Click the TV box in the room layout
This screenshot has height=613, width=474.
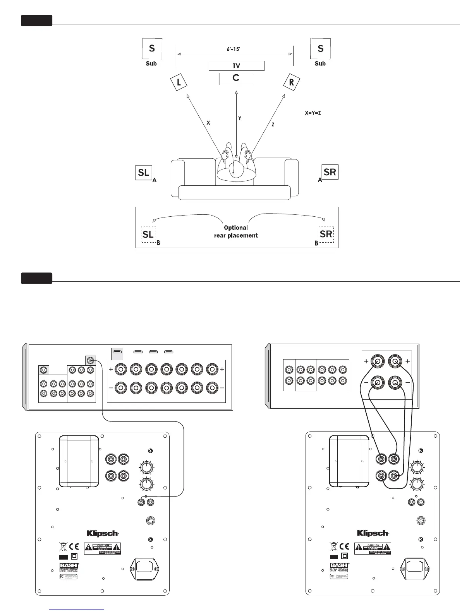click(236, 66)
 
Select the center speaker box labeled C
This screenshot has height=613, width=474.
click(236, 79)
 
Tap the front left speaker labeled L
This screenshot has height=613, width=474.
click(179, 82)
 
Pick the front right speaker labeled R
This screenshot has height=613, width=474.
click(292, 82)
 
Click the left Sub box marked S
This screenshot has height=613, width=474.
click(152, 48)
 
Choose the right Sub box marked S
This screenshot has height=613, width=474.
click(320, 48)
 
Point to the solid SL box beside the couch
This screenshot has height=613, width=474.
click(144, 173)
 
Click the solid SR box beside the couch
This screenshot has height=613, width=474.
click(330, 172)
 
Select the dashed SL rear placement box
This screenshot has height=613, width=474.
click(148, 234)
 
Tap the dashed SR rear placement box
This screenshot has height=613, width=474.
click(326, 234)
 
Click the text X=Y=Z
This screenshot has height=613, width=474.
click(313, 113)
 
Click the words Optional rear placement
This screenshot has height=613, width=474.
click(236, 231)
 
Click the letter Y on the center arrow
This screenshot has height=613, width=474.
click(240, 118)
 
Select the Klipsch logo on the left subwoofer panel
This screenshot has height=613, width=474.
click(102, 533)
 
